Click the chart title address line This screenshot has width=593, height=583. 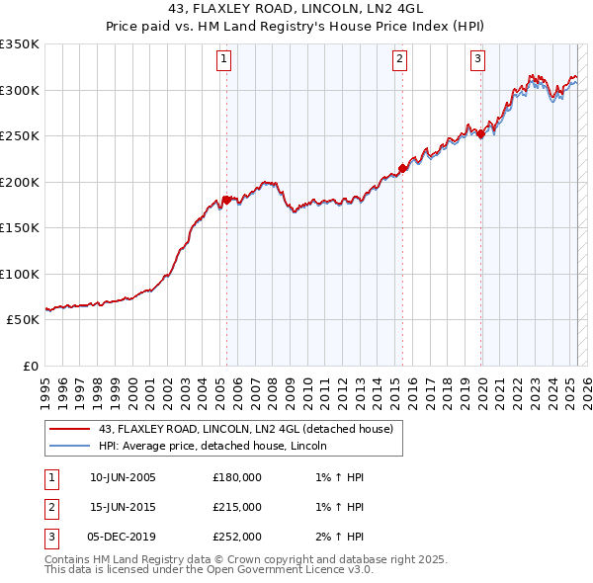296,11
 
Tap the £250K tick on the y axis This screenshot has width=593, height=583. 21,136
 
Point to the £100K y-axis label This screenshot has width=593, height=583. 21,274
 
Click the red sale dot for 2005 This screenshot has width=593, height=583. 226,200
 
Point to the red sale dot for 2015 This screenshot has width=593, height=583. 402,168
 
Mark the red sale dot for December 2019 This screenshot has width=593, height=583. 480,134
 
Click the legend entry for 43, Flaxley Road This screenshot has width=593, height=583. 246,429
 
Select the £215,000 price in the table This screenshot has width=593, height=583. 237,507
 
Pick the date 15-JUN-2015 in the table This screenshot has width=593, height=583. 123,507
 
